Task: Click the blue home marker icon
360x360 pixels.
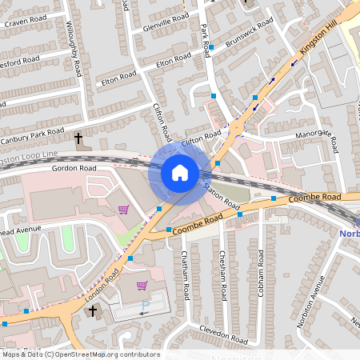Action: [180, 173]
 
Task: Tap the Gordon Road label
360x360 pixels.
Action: [74, 169]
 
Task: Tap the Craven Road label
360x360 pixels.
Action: [22, 24]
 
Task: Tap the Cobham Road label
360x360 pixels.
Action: [261, 273]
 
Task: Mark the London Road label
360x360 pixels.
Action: [102, 286]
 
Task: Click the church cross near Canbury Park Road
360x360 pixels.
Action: [78, 139]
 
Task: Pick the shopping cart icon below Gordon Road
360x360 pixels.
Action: [123, 210]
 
